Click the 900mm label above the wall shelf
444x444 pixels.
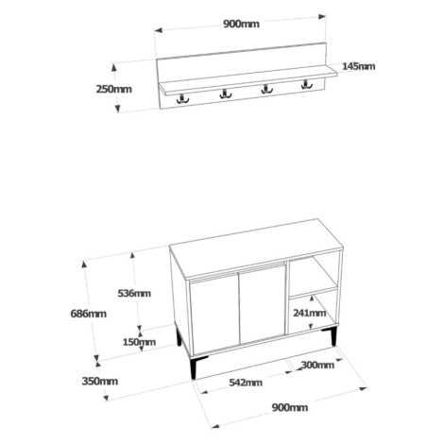tap(242, 24)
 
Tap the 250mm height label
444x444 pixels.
tap(113, 89)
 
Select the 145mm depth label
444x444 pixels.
tap(359, 66)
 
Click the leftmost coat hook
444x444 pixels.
tap(182, 99)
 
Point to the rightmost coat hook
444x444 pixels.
tap(306, 84)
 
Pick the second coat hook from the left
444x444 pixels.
tap(225, 94)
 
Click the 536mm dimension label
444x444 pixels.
tap(134, 293)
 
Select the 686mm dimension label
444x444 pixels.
tap(89, 314)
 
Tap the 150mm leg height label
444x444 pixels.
tap(139, 342)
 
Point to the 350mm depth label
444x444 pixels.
tap(100, 382)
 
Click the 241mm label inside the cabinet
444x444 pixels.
tap(310, 313)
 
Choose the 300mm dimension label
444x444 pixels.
tap(317, 365)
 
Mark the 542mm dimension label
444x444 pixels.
tap(246, 383)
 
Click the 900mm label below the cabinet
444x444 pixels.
tap(290, 407)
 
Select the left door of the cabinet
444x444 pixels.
tap(213, 315)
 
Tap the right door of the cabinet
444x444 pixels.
tap(262, 303)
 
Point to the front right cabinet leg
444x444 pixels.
tap(329, 336)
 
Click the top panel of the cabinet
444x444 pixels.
tap(256, 248)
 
